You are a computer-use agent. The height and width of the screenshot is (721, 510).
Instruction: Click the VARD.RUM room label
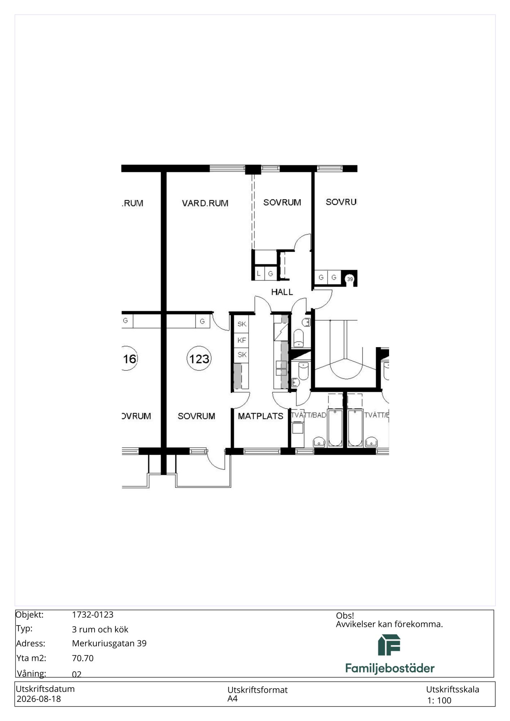point(205,203)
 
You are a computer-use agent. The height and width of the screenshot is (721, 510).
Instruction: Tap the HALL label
point(282,292)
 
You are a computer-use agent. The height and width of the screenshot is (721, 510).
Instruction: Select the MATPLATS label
point(260,416)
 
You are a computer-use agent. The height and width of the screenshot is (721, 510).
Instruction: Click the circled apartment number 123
point(199,359)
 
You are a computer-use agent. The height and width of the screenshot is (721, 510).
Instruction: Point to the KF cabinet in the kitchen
point(241,340)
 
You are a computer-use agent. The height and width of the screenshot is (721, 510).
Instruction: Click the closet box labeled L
point(259,274)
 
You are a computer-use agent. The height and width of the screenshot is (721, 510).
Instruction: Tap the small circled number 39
point(349,279)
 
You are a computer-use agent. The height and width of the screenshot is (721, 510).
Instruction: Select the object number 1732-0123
point(93,615)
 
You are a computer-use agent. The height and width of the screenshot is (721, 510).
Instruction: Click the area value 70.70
point(83,658)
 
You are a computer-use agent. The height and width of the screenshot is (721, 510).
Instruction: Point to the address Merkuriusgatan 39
point(109,643)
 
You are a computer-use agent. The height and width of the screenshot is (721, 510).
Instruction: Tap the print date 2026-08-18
point(39,699)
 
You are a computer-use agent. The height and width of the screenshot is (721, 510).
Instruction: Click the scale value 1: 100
point(439,700)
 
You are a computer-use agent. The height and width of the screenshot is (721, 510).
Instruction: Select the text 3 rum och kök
point(100,629)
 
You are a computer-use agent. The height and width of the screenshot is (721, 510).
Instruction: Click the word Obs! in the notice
point(345,616)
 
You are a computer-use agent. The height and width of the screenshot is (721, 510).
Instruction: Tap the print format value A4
point(232,699)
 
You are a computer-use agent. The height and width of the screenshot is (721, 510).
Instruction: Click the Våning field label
point(31,674)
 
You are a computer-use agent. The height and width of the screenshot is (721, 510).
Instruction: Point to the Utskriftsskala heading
point(453,690)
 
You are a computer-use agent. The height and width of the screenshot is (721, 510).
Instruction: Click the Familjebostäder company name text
point(390,668)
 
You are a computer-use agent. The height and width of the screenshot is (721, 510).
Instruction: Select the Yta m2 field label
point(31,658)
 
